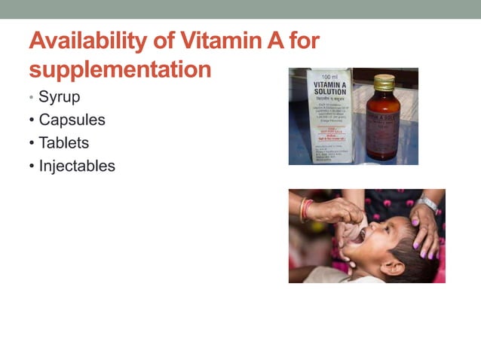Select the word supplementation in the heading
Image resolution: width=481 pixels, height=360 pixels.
[x=120, y=69]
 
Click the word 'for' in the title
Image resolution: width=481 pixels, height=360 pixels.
[x=303, y=41]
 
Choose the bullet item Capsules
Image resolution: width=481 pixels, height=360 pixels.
[x=72, y=120]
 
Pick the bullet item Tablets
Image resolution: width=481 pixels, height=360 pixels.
[x=63, y=142]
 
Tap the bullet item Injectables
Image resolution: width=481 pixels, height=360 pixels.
[x=77, y=166]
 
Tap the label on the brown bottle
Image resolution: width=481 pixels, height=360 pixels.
[x=384, y=121]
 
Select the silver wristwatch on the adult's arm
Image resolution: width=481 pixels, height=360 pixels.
[x=427, y=203]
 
